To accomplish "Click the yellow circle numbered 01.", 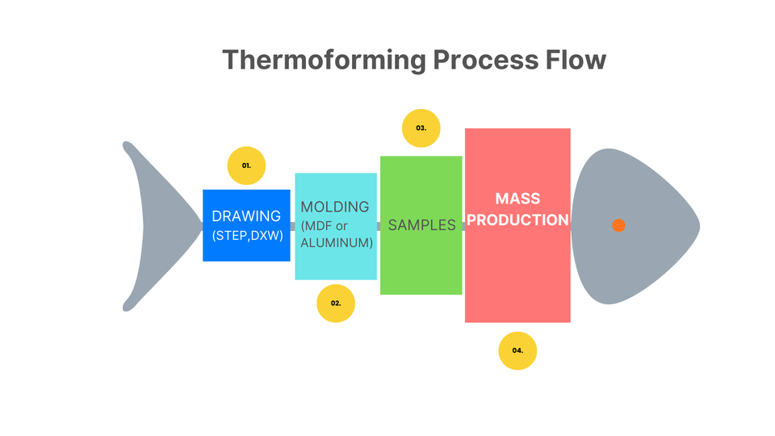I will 246,166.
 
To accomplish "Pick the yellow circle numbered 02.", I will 336,304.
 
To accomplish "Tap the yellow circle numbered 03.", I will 421,128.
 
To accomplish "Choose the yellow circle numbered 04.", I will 517,350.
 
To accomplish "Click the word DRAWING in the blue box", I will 246,216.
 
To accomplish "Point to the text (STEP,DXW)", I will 246,237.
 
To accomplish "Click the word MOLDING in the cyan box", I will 335,207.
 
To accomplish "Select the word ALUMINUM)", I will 337,242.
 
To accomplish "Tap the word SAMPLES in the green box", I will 421,225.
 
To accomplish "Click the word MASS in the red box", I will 517,199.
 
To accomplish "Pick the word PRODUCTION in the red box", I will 517,220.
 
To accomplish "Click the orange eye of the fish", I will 618,225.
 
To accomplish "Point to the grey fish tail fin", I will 153,225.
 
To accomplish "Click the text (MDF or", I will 324,225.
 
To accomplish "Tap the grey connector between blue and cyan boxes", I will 292,226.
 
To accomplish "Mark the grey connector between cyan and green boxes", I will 379,226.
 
